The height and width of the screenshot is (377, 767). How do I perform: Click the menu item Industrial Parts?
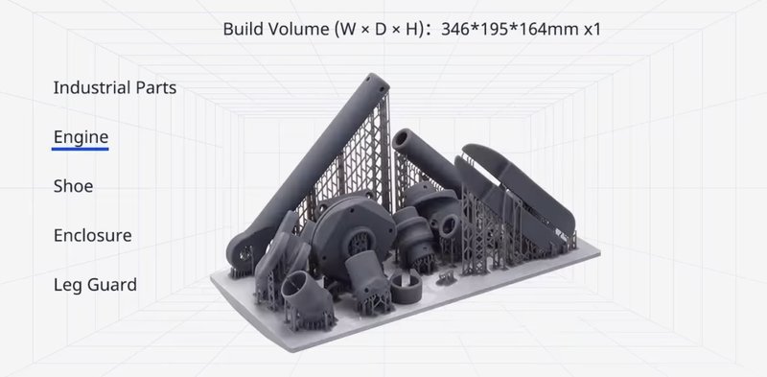tap(115, 87)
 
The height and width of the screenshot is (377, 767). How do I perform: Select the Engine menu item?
tap(81, 137)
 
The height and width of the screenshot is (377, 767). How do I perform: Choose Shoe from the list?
tap(73, 186)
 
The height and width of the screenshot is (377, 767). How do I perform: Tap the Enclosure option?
tap(92, 235)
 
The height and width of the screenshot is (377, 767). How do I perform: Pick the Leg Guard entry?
tap(95, 285)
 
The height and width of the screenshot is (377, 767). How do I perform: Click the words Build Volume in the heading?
tap(277, 29)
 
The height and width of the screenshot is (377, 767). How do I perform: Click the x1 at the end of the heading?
tap(592, 29)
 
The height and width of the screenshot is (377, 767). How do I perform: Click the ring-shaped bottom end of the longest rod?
tap(237, 251)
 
